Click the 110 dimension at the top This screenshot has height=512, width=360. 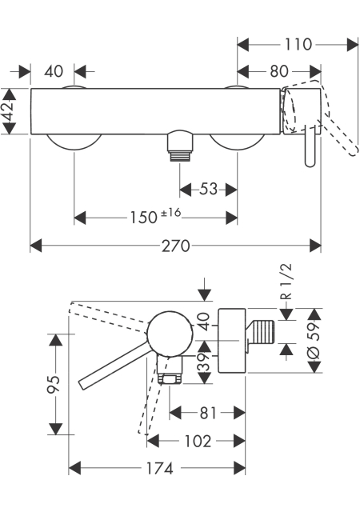point(298,45)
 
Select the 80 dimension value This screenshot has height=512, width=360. point(279,71)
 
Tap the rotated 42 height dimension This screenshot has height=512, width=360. point(9,111)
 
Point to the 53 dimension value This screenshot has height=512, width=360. point(208,189)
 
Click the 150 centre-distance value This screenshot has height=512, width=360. point(144,218)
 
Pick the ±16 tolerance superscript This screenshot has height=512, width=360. point(171,213)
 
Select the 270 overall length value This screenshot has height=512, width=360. point(176,246)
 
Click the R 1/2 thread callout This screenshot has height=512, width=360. point(286,282)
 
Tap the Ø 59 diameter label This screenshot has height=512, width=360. point(314,340)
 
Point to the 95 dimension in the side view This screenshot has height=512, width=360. point(54,384)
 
